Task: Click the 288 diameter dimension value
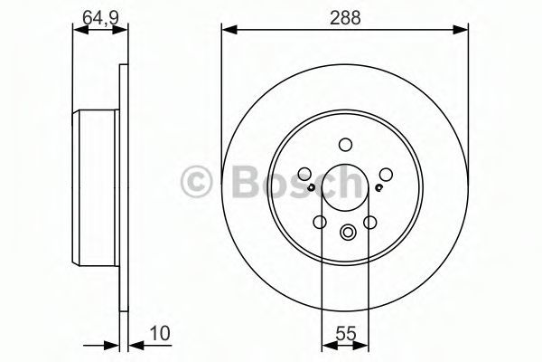click(345, 17)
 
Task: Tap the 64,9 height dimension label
click(100, 18)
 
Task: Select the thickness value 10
click(160, 334)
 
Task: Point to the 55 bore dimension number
click(346, 334)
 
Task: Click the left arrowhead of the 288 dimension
click(229, 30)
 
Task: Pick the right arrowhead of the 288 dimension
click(460, 30)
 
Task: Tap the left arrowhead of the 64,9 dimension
click(80, 30)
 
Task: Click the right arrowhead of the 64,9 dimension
click(120, 30)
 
